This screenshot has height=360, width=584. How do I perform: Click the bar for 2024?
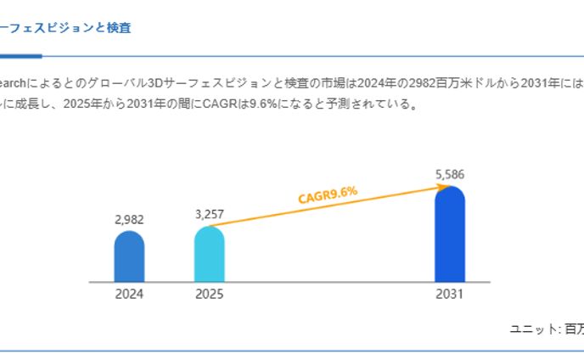tap(129, 257)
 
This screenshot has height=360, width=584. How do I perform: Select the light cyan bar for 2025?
tap(209, 255)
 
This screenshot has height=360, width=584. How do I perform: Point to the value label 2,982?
tap(129, 219)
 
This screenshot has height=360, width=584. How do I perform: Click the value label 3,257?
tap(209, 214)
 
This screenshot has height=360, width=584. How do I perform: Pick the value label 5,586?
tap(450, 175)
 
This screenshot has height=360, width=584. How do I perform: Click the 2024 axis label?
tap(129, 295)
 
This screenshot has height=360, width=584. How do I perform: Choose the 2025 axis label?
tap(209, 295)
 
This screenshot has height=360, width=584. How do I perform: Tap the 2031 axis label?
tap(450, 295)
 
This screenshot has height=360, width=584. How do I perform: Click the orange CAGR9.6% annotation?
tap(328, 194)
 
